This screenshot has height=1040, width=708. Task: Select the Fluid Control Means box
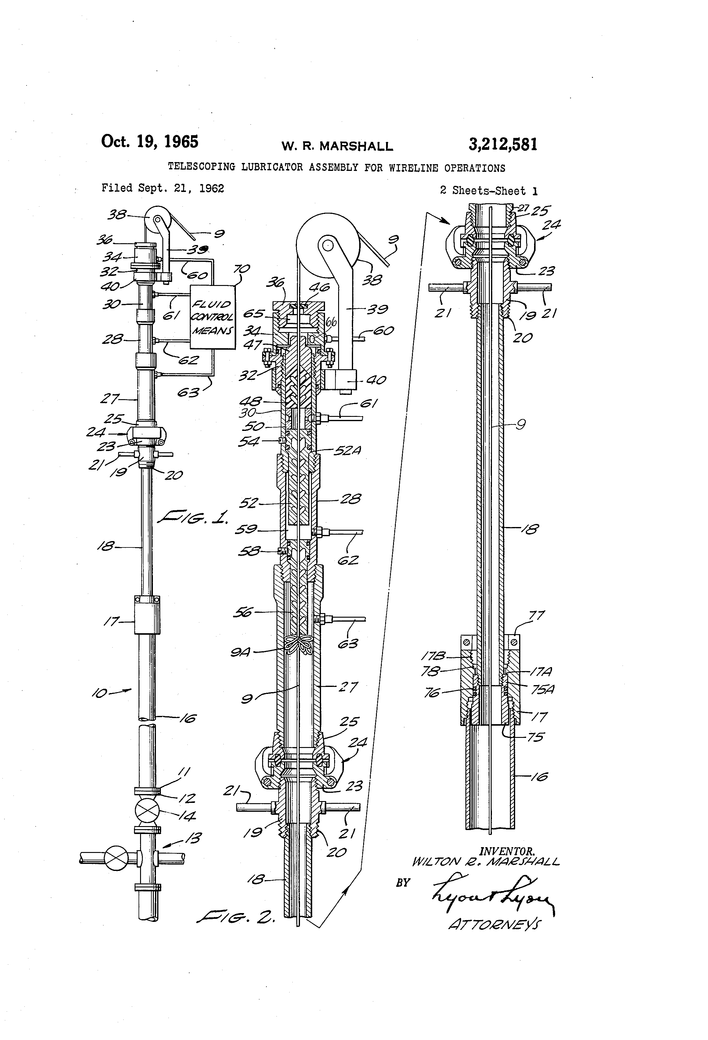(213, 317)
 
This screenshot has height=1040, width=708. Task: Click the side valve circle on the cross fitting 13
(116, 858)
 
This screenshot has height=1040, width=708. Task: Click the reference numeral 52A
(347, 451)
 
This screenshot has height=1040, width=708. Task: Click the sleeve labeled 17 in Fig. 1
(147, 615)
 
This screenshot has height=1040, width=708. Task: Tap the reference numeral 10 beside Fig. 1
(99, 694)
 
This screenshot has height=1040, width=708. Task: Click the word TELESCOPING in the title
(201, 167)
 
